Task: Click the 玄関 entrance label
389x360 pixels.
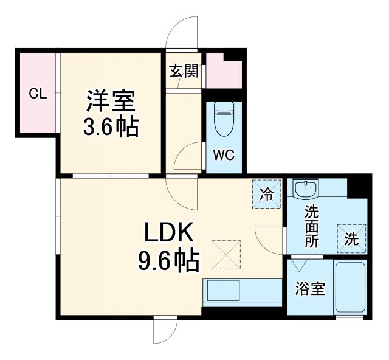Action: (x=183, y=71)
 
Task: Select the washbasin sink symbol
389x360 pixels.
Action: (x=305, y=190)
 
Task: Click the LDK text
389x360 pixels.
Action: (x=168, y=233)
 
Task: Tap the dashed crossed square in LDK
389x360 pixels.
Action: (x=226, y=254)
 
